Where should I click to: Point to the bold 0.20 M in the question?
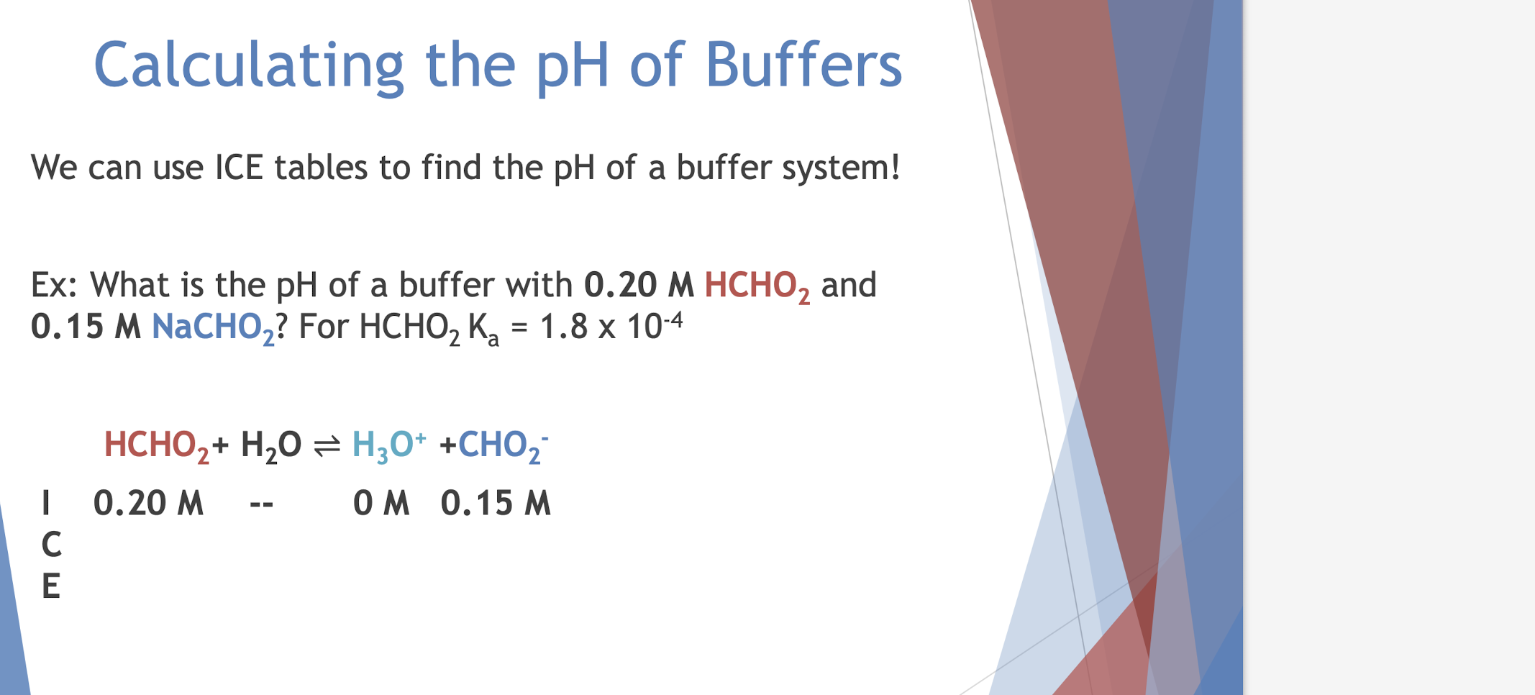point(638,285)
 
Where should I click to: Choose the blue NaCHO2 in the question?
point(213,328)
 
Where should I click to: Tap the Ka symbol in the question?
point(483,329)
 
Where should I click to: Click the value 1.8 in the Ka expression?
point(563,327)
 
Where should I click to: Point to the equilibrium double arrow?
point(327,446)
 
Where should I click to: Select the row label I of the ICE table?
point(47,503)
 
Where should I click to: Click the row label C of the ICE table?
point(51,545)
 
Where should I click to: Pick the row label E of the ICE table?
point(50,586)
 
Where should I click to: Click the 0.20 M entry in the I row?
point(148,503)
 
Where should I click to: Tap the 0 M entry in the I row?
point(381,503)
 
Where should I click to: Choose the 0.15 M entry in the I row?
point(496,503)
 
